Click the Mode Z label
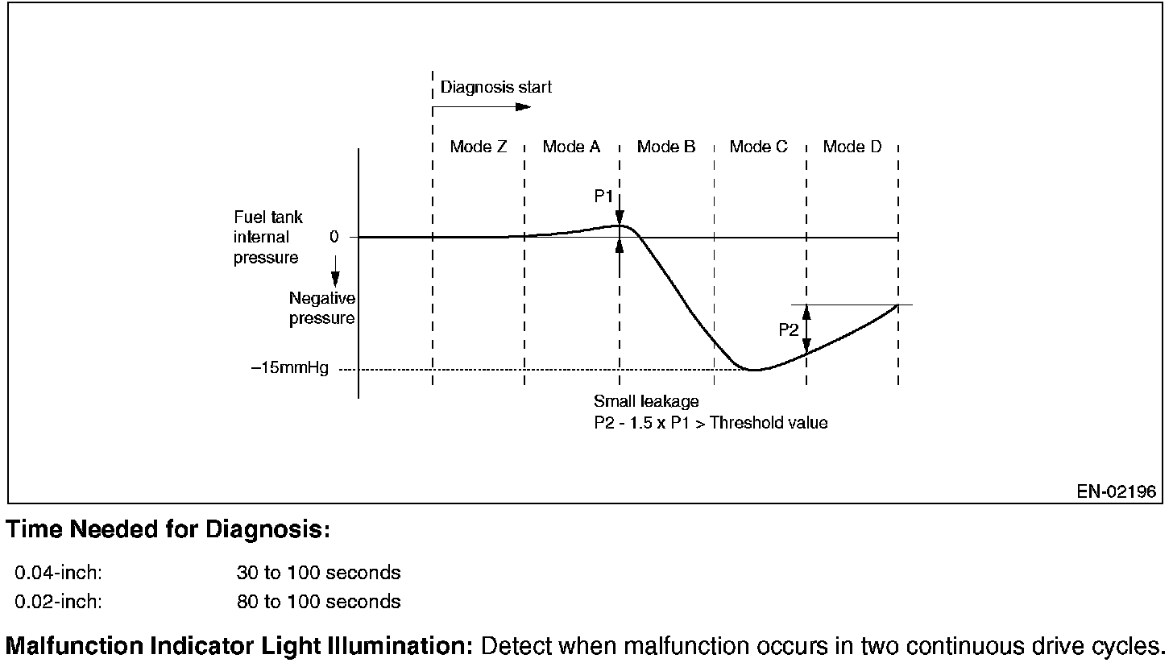(x=479, y=147)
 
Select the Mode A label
(x=571, y=147)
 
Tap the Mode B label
(x=666, y=147)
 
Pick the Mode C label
(x=759, y=147)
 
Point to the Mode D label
(x=852, y=147)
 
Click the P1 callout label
(x=604, y=196)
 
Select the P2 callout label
(x=789, y=329)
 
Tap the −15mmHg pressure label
(x=289, y=370)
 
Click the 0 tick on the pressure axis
(x=333, y=237)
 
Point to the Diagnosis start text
(x=496, y=87)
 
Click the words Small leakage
(x=646, y=401)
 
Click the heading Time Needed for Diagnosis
(x=168, y=530)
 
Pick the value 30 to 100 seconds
(x=318, y=573)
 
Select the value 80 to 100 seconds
(x=318, y=601)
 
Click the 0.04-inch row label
(x=59, y=573)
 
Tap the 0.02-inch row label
(x=59, y=601)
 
